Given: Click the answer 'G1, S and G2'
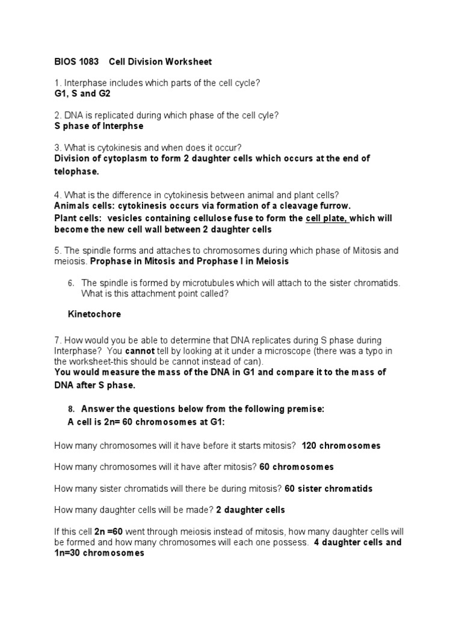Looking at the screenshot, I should point(82,94).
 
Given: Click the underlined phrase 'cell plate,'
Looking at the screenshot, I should point(327,218).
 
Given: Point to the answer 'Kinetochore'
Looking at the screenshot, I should point(94,315).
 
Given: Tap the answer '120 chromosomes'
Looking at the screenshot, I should point(341,446).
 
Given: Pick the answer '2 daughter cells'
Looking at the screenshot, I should point(250,510).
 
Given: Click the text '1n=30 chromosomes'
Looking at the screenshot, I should point(99,553).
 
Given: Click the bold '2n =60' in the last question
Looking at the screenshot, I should point(108,531).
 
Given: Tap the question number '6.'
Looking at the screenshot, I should point(70,283).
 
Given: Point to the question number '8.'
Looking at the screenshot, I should point(70,409).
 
